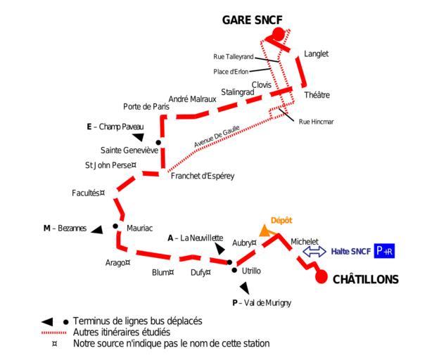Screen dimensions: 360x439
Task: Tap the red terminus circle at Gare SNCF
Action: pyautogui.click(x=279, y=34)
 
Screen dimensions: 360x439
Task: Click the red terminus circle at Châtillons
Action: pyautogui.click(x=322, y=278)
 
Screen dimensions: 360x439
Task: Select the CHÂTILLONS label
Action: pyautogui.click(x=366, y=280)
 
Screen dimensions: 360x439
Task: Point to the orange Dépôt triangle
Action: pyautogui.click(x=265, y=231)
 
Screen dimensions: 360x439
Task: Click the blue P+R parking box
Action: pyautogui.click(x=385, y=251)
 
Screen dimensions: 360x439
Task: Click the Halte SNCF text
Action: pyautogui.click(x=350, y=251)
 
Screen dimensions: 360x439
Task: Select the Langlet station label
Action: pyautogui.click(x=316, y=54)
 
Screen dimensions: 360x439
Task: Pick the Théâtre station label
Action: pyautogui.click(x=317, y=95)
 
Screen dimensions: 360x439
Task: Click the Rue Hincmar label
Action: pyautogui.click(x=316, y=122)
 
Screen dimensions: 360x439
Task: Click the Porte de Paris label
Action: pyautogui.click(x=146, y=107)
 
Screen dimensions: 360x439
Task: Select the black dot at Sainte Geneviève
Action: pyautogui.click(x=158, y=143)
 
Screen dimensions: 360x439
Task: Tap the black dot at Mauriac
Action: pyautogui.click(x=115, y=226)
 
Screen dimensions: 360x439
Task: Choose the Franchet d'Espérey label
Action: pyautogui.click(x=203, y=176)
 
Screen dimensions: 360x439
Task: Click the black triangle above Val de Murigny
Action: pyautogui.click(x=244, y=288)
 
